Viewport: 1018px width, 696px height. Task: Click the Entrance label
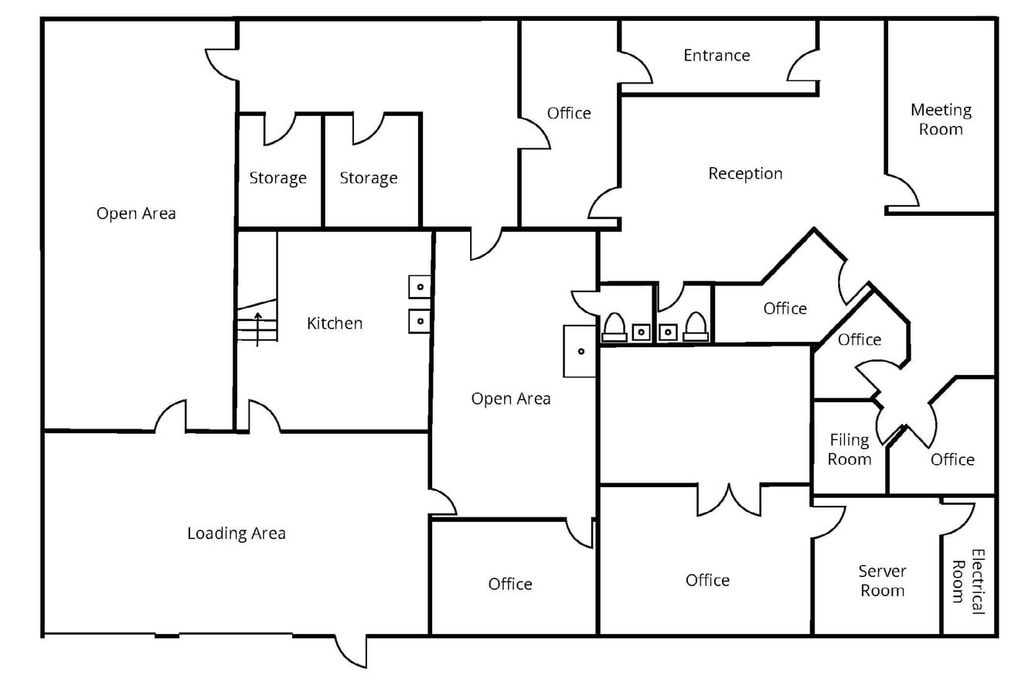717,55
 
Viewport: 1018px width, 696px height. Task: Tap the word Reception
745,173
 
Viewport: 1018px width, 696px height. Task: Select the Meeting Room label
940,119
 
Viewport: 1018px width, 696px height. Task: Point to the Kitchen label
334,322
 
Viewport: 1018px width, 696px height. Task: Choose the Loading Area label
236,533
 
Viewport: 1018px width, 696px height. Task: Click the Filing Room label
849,449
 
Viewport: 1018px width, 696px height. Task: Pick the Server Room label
882,581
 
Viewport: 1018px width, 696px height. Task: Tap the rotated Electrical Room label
968,581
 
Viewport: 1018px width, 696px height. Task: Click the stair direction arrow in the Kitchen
257,327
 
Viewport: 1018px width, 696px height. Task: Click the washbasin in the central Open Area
580,351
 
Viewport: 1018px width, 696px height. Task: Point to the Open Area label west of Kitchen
136,213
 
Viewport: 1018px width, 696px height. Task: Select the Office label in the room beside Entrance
569,113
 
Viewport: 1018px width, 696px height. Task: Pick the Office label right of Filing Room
952,459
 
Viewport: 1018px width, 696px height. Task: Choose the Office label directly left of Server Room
707,580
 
